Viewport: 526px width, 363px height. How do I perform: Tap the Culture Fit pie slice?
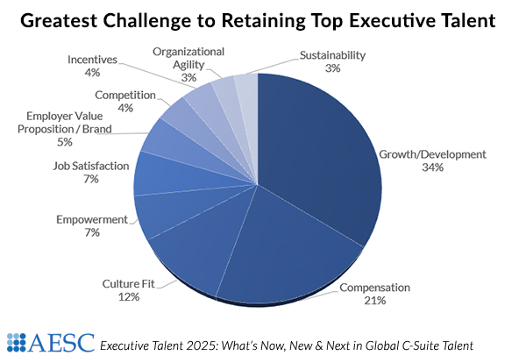188,263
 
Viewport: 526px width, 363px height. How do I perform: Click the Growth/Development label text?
431,154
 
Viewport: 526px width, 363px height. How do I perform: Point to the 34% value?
432,167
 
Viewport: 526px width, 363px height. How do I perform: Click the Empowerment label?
93,219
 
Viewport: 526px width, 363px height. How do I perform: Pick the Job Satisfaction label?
92,165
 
